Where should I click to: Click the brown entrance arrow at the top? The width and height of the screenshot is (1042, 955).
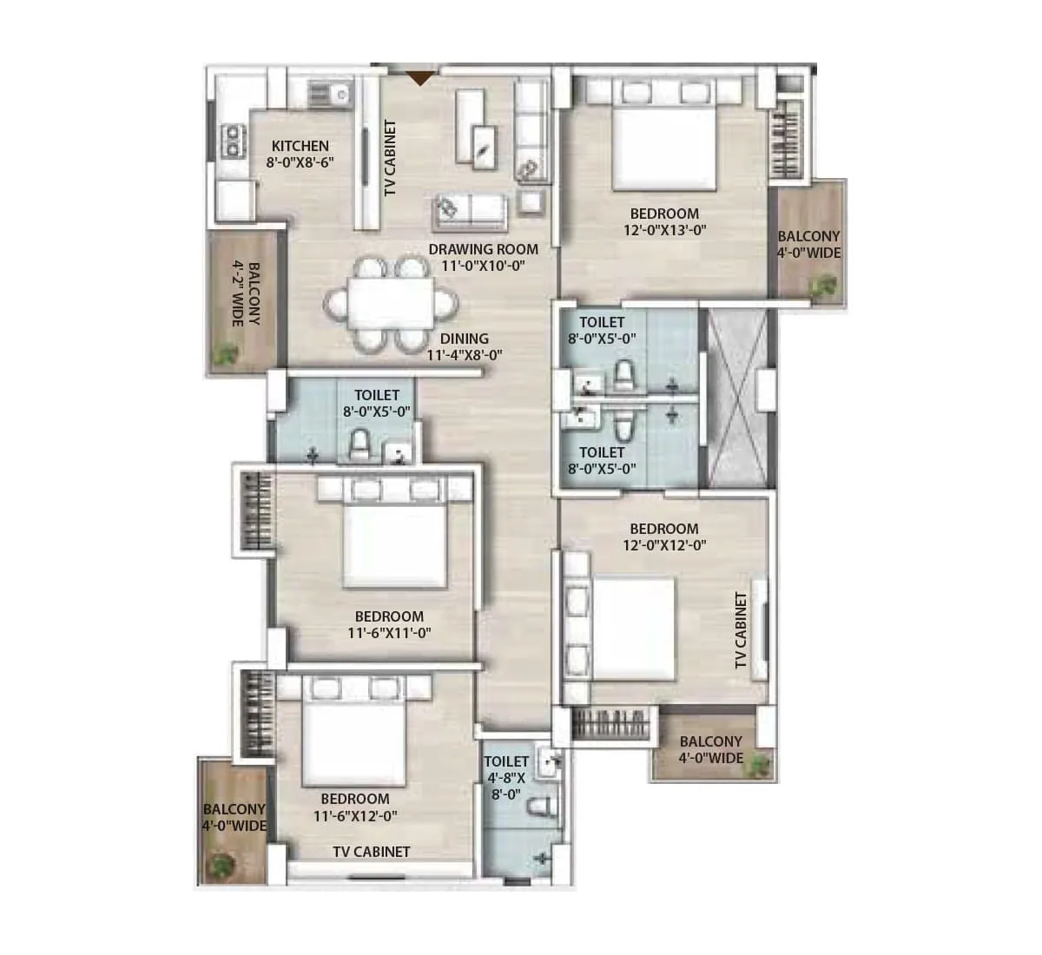[x=419, y=78]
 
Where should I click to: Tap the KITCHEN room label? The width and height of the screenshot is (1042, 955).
[x=300, y=154]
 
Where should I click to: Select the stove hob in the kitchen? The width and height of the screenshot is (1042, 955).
[x=234, y=142]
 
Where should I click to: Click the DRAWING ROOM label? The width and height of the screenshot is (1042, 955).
[x=483, y=258]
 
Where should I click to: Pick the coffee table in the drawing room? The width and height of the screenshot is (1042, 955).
[x=484, y=144]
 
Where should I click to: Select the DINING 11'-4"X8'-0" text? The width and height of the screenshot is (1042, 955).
[x=464, y=346]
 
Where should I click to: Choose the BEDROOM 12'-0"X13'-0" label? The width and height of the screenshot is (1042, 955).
[x=664, y=221]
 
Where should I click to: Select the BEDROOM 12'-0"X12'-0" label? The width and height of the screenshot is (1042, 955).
[x=664, y=537]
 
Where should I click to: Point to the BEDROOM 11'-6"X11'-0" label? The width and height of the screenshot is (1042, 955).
[x=389, y=624]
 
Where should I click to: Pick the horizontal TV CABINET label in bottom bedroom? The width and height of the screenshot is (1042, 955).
[x=372, y=852]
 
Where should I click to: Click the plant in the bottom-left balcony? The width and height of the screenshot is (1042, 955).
[x=221, y=865]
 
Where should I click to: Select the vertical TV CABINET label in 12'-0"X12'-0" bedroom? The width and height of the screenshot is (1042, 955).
[x=741, y=631]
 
